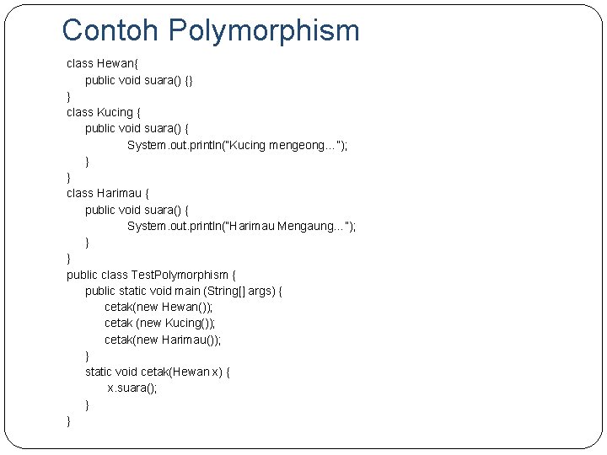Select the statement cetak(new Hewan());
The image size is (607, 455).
(x=158, y=307)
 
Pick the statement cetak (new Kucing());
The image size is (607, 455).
(x=159, y=323)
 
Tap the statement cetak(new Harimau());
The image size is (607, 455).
(x=163, y=340)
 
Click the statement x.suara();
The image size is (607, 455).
(x=132, y=388)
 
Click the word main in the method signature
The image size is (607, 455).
(x=189, y=291)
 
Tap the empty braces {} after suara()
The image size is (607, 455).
(x=190, y=80)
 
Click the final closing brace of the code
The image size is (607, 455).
(x=68, y=420)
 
